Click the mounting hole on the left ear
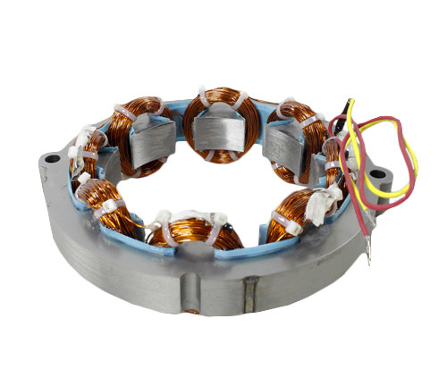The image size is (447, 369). [53, 159]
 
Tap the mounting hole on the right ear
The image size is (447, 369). [378, 173]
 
